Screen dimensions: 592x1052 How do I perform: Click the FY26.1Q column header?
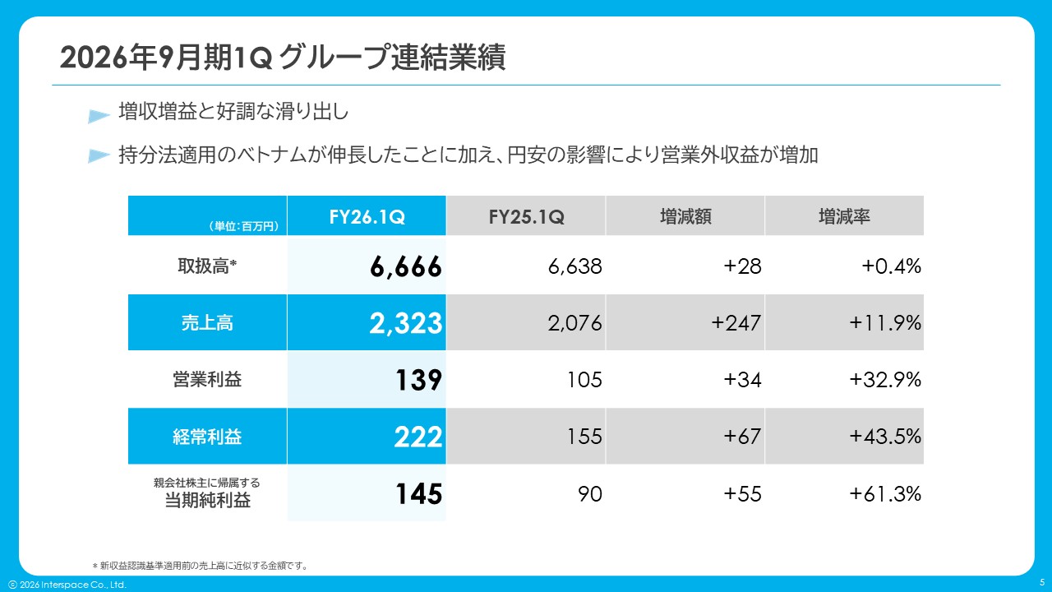[x=367, y=216]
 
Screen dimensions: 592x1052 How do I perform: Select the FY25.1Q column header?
[x=526, y=216]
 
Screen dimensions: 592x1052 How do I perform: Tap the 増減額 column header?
[x=685, y=216]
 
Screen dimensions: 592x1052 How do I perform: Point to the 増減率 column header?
[x=844, y=216]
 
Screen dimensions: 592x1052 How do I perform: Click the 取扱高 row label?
[x=207, y=266]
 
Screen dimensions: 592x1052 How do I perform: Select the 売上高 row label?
[x=207, y=323]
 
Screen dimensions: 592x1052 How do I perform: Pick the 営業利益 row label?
[x=207, y=380]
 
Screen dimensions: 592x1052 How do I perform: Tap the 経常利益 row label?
[x=207, y=437]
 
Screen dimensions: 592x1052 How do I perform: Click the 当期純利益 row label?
[x=207, y=499]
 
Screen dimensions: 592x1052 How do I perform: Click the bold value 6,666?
[x=406, y=266]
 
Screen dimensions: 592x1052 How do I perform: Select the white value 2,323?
[x=406, y=323]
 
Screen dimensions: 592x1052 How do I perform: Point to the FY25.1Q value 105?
[x=584, y=380]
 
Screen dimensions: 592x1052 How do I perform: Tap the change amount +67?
[x=742, y=437]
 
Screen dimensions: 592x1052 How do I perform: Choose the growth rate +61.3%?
[x=885, y=494]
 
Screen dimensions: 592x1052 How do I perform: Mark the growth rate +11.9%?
[x=885, y=323]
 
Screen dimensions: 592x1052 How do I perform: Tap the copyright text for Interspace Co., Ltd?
[x=67, y=585]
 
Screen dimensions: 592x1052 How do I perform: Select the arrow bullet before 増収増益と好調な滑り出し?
[x=99, y=116]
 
